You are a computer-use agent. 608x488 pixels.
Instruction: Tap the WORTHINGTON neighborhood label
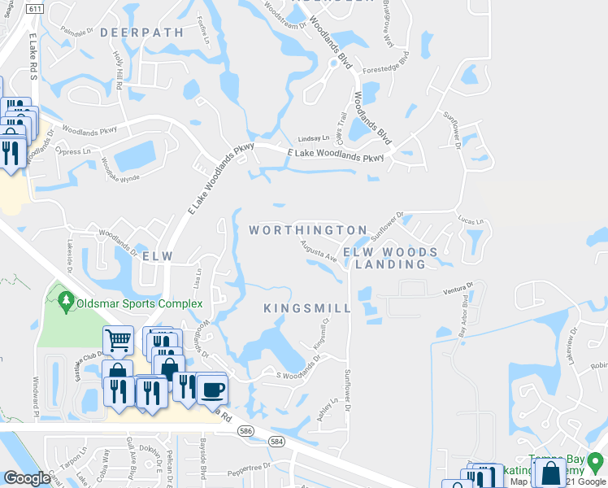point(308,231)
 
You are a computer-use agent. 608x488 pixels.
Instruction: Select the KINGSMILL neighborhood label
point(308,309)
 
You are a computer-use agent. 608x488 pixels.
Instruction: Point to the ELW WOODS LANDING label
point(390,259)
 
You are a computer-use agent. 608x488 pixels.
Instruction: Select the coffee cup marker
point(212,389)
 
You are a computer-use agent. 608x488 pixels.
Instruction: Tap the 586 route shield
point(244,430)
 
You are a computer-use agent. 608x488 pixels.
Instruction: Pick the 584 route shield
point(277,442)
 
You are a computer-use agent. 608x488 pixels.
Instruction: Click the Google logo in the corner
point(28,477)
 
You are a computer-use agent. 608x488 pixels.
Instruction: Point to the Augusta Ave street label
point(319,251)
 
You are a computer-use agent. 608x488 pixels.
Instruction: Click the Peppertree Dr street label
point(248,468)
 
